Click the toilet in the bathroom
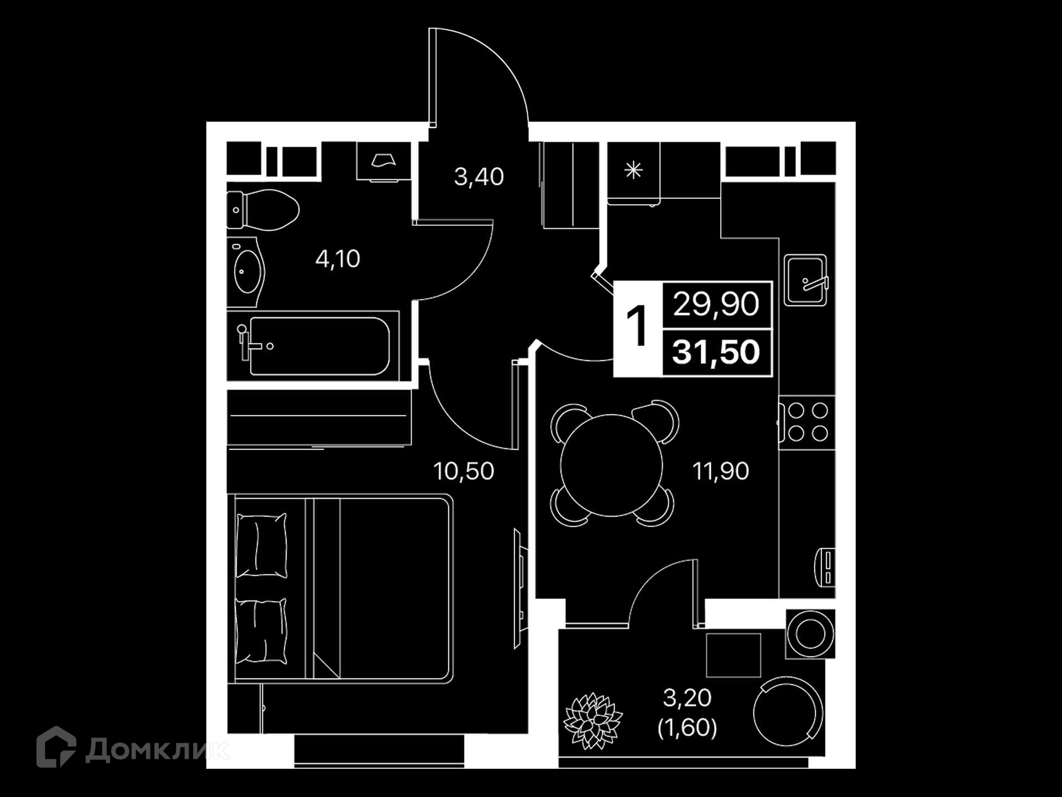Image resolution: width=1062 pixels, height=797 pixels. [262, 210]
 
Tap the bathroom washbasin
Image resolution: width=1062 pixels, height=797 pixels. [247, 272]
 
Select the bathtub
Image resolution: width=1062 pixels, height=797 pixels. [313, 346]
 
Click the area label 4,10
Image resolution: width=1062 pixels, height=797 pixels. [337, 259]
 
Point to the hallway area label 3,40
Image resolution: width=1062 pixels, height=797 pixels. [479, 177]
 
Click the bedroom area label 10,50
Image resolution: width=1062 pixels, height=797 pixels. [464, 472]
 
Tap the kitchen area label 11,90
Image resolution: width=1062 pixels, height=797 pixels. [721, 472]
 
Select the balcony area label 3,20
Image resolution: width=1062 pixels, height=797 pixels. [687, 698]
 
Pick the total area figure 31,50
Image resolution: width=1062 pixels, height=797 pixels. [716, 352]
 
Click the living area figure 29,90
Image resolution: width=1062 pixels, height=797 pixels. [716, 304]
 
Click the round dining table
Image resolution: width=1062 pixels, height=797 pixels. [612, 465]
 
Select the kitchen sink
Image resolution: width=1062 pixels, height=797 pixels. [805, 280]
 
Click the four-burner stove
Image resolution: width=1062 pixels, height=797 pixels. [807, 422]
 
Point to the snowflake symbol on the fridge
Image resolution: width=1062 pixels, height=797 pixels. [633, 170]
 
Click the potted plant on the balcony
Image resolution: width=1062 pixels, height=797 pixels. [593, 721]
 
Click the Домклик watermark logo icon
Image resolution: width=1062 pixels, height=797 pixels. [56, 747]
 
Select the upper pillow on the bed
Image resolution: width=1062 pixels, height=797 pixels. [262, 546]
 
